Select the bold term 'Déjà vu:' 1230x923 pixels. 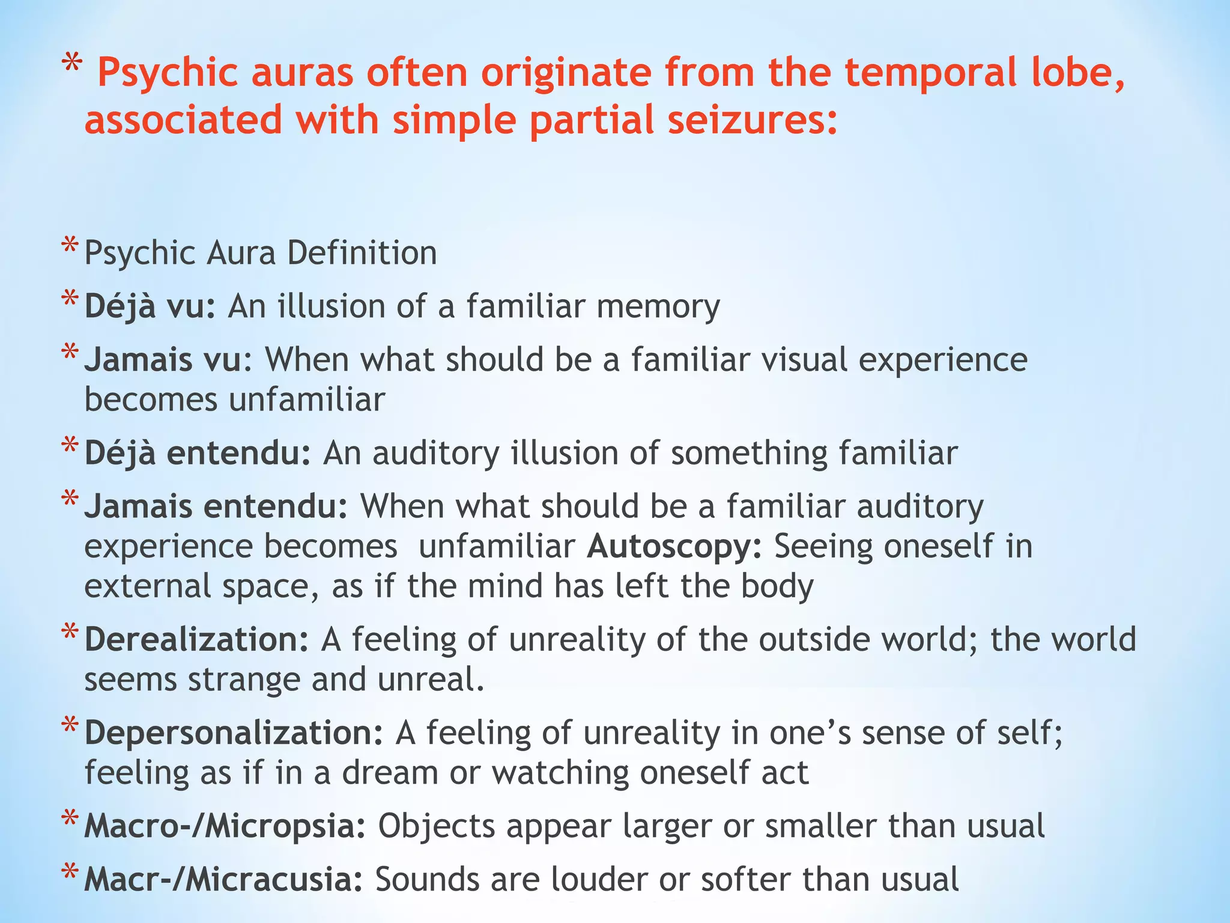point(150,306)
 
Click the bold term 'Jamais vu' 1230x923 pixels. point(163,360)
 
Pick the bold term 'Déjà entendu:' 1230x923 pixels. point(198,453)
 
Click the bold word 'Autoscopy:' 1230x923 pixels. point(674,547)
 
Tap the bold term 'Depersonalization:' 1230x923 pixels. point(234,733)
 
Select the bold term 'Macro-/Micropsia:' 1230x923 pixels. point(225,826)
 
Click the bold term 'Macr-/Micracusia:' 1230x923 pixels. point(223,880)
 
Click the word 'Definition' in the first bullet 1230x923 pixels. point(362,253)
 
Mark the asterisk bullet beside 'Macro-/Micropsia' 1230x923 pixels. point(70,821)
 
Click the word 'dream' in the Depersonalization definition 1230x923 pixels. point(390,773)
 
